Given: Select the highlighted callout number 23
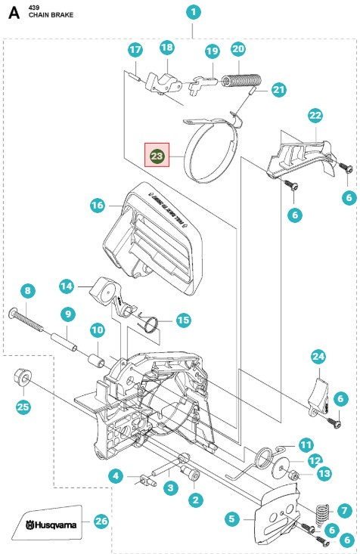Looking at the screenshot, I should pos(157,156).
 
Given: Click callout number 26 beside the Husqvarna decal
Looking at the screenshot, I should pos(101,521).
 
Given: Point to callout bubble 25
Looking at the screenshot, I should pos(24,407).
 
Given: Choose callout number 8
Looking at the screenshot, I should pos(28,290).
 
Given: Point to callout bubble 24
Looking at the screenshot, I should pos(318,356).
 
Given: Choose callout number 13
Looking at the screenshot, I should pos(324,473).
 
